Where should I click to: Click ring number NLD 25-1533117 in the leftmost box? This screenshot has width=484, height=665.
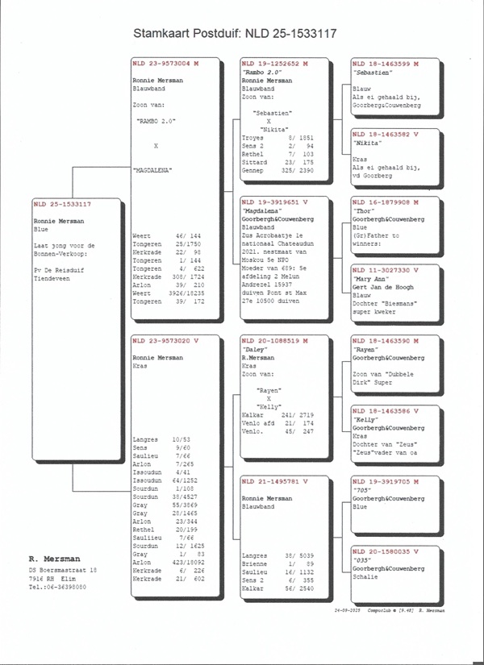click(x=62, y=205)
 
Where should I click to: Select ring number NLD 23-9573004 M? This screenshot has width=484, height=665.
click(x=164, y=64)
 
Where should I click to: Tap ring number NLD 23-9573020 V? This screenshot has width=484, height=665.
click(x=164, y=341)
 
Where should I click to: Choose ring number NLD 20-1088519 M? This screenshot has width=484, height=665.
click(x=274, y=341)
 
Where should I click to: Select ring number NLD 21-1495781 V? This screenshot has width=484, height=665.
click(x=274, y=482)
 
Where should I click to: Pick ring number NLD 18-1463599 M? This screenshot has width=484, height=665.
click(x=385, y=64)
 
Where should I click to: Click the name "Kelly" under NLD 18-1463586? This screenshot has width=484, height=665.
click(x=367, y=420)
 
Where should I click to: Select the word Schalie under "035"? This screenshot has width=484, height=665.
click(x=366, y=576)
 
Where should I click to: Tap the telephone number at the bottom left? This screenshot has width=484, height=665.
click(x=58, y=587)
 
